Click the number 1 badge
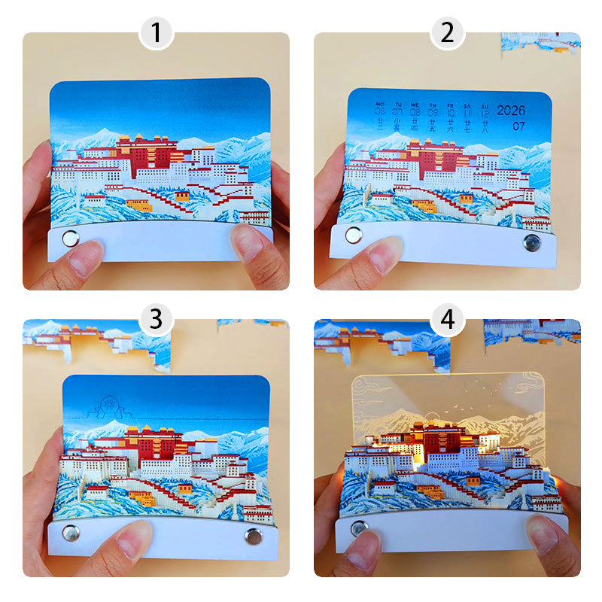156,33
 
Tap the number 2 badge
447,33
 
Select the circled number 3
156,319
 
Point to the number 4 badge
447,319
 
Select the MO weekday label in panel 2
379,105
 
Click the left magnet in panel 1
70,239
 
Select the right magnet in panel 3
252,536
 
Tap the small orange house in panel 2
424,205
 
